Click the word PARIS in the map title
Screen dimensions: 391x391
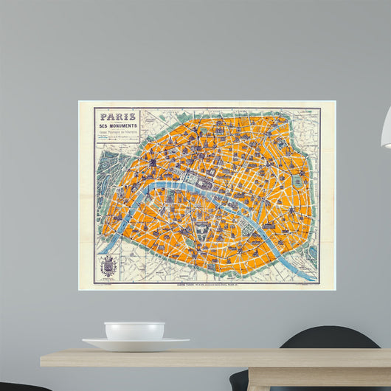tap(117, 117)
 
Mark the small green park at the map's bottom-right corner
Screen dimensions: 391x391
tap(311, 255)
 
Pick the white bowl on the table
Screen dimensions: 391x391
tap(134, 331)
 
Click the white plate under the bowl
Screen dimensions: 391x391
tap(136, 343)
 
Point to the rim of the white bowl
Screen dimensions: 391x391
tap(134, 324)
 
